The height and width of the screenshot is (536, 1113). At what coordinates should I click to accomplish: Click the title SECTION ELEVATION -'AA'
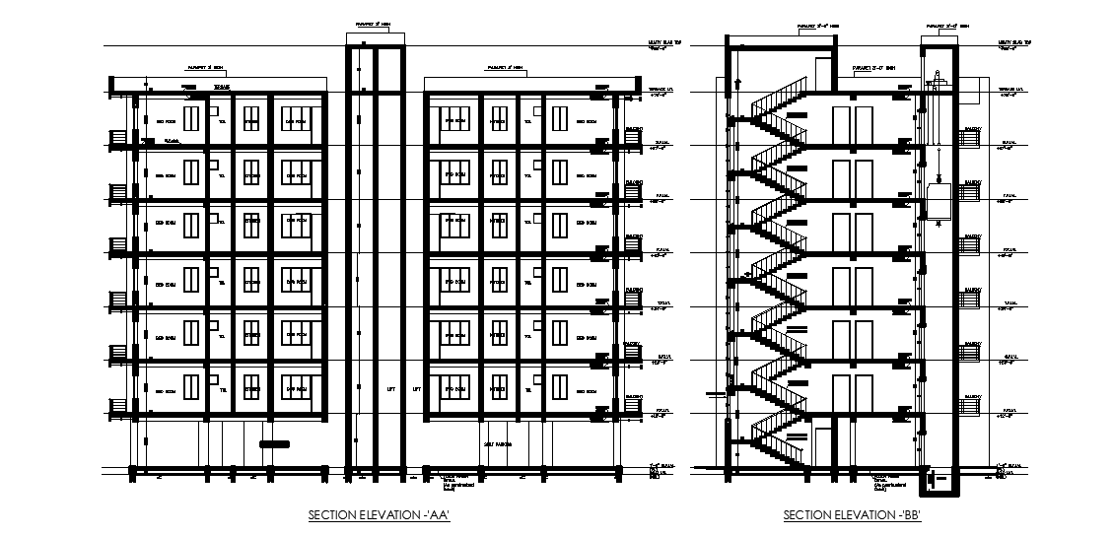(380, 515)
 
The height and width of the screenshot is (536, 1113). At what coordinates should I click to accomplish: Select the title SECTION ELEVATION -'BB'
(852, 515)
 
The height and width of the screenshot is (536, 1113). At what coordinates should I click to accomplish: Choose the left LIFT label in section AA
(392, 389)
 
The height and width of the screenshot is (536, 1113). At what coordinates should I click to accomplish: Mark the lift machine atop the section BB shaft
(936, 77)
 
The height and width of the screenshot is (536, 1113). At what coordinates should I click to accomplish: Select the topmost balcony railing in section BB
(971, 139)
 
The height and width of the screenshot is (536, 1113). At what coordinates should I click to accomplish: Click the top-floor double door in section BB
(853, 124)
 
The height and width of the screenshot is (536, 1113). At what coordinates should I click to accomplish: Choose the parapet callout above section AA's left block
(204, 69)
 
